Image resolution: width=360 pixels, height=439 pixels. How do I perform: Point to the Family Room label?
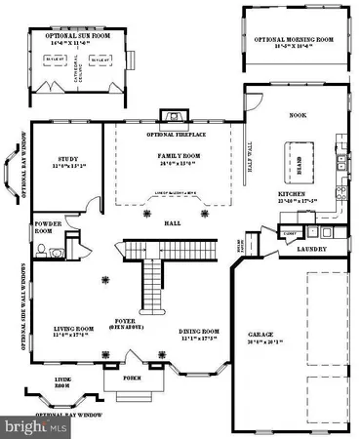point(178,156)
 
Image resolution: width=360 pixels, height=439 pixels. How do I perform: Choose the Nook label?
point(298,115)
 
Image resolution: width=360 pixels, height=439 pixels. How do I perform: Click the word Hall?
point(173,223)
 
